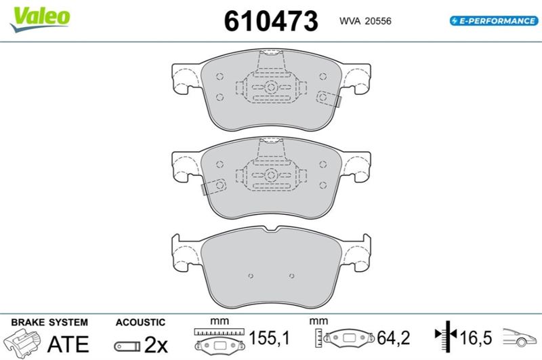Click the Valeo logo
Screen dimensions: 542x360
40,19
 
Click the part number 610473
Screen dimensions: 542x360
270,21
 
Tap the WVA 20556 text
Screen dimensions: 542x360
365,21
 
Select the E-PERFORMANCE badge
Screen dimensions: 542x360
494,21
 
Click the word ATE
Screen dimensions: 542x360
68,344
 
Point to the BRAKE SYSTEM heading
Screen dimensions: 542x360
49,322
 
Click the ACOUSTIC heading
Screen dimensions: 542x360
140,322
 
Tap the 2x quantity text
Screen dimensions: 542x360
156,344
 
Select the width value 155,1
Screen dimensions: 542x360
269,338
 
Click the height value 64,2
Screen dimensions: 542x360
394,338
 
